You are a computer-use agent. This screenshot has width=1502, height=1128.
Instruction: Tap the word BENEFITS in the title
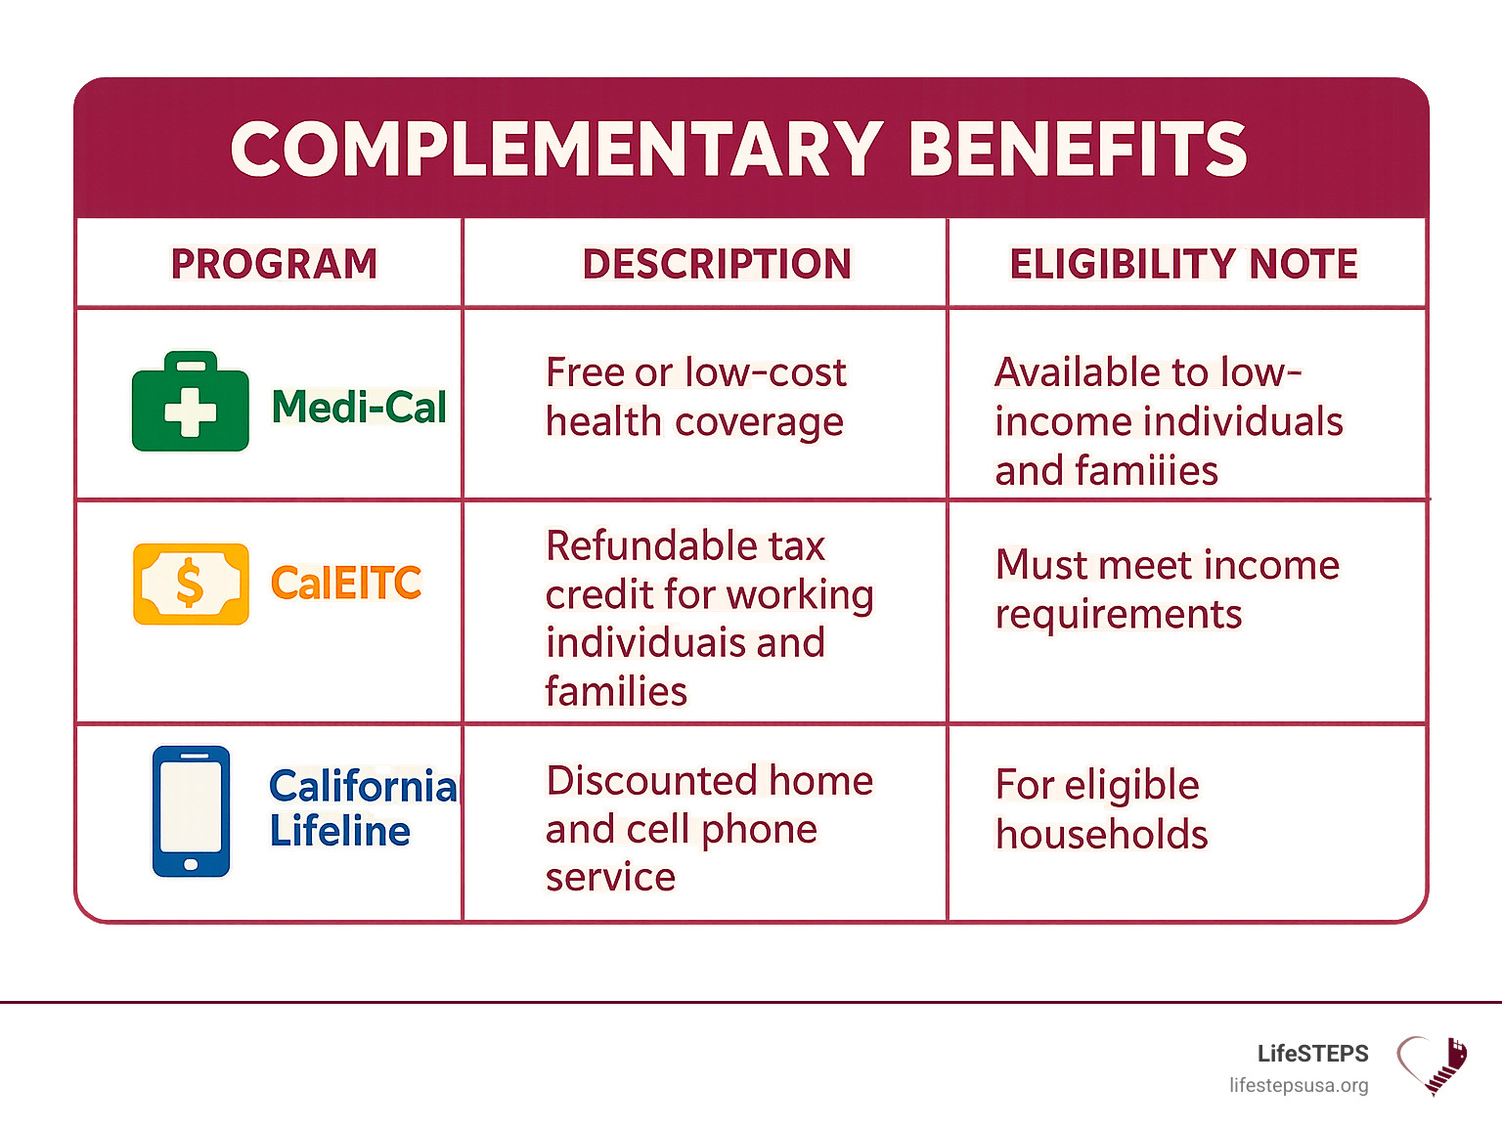[x=1078, y=150]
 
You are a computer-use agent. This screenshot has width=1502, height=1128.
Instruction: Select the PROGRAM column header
[x=274, y=263]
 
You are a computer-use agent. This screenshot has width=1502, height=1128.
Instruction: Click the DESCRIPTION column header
[x=717, y=263]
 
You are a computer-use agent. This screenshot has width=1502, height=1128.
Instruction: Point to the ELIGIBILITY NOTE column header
[x=1184, y=263]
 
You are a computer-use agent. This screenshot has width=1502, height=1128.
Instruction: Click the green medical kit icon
[x=191, y=402]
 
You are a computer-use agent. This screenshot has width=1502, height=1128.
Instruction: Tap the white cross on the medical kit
[x=191, y=412]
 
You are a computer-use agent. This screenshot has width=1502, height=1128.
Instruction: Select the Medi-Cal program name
[x=359, y=407]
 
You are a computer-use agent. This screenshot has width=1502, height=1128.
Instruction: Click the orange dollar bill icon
[x=191, y=584]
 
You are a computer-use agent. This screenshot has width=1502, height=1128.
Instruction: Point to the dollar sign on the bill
[x=190, y=583]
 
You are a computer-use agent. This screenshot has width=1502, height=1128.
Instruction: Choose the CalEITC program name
[x=346, y=583]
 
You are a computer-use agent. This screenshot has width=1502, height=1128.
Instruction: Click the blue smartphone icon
[x=191, y=810]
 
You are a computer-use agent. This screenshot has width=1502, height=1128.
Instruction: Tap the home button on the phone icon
[x=191, y=865]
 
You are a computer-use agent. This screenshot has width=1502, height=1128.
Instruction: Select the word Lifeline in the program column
[x=340, y=831]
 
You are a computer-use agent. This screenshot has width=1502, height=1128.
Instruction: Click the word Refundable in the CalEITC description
[x=652, y=545]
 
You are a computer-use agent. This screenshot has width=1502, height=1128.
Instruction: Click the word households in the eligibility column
[x=1102, y=834]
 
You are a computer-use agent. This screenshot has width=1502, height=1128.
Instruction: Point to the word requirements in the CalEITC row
[x=1119, y=615]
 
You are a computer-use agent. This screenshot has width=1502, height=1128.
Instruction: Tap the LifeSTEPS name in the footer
[x=1313, y=1054]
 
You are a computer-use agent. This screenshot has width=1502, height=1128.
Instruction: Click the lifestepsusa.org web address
[x=1299, y=1086]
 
